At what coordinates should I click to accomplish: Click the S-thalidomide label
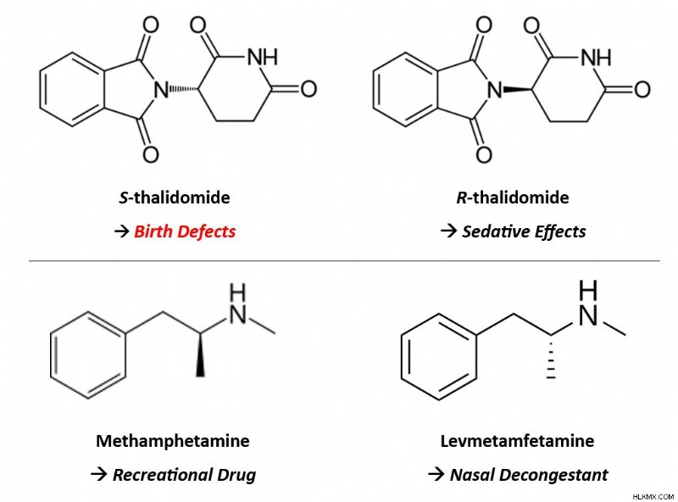pyautogui.click(x=175, y=198)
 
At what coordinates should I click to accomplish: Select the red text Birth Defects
pyautogui.click(x=185, y=231)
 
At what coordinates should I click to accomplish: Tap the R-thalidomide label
pyautogui.click(x=513, y=198)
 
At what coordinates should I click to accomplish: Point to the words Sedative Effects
pyautogui.click(x=524, y=231)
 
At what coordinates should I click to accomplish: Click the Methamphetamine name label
pyautogui.click(x=173, y=441)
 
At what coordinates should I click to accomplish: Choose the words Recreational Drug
pyautogui.click(x=184, y=475)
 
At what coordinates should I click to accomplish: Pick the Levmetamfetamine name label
pyautogui.click(x=517, y=441)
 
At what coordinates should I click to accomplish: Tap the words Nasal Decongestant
pyautogui.click(x=529, y=475)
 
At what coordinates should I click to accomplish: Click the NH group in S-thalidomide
pyautogui.click(x=263, y=57)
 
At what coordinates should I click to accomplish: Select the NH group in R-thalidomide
pyautogui.click(x=596, y=57)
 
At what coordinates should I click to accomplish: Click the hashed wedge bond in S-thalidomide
pyautogui.click(x=184, y=89)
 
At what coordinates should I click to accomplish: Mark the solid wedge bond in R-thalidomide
pyautogui.click(x=518, y=90)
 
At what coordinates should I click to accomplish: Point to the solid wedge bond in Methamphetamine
pyautogui.click(x=200, y=354)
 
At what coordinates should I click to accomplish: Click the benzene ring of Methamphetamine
pyautogui.click(x=88, y=354)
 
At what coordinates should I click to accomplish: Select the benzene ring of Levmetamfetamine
pyautogui.click(x=439, y=357)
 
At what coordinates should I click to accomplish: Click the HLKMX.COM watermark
pyautogui.click(x=653, y=497)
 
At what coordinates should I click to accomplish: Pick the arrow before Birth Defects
pyautogui.click(x=122, y=232)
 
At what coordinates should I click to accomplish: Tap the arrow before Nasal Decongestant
pyautogui.click(x=436, y=475)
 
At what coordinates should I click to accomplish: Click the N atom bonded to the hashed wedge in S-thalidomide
pyautogui.click(x=161, y=90)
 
